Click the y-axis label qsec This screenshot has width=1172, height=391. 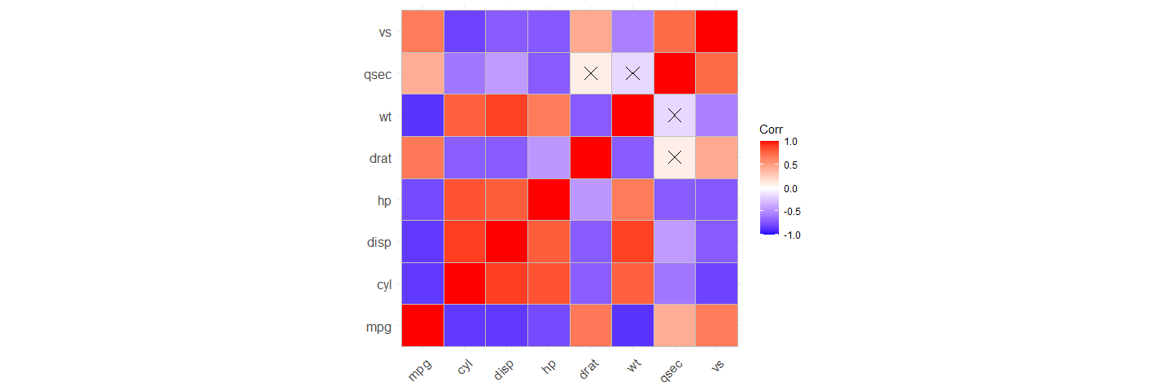[378, 74]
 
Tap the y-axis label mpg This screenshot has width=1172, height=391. [378, 327]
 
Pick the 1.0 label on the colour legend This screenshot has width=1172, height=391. [791, 142]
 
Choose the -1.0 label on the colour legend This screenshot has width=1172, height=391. [789, 235]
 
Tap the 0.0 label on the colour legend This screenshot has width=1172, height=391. [791, 188]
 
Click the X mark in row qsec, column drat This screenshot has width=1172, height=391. [591, 73]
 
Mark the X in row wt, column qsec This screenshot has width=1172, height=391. [675, 116]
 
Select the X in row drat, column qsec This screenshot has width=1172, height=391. [675, 157]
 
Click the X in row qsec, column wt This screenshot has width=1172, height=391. [632, 73]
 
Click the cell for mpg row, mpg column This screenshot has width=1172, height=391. [422, 325]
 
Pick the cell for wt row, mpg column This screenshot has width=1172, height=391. [422, 116]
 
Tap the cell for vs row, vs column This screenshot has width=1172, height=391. [717, 32]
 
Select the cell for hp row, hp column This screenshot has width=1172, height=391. [549, 200]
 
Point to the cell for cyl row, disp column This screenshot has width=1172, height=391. [506, 283]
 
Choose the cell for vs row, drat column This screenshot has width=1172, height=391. [591, 32]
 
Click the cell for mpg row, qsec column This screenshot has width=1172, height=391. [675, 325]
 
